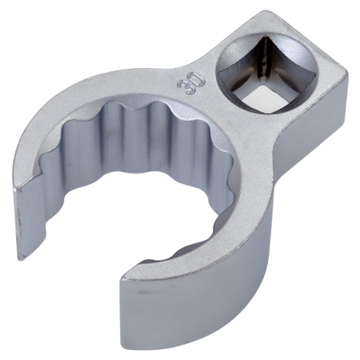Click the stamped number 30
[191, 83]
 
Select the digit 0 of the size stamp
[198, 79]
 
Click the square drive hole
[267, 74]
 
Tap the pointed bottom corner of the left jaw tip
[21, 260]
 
